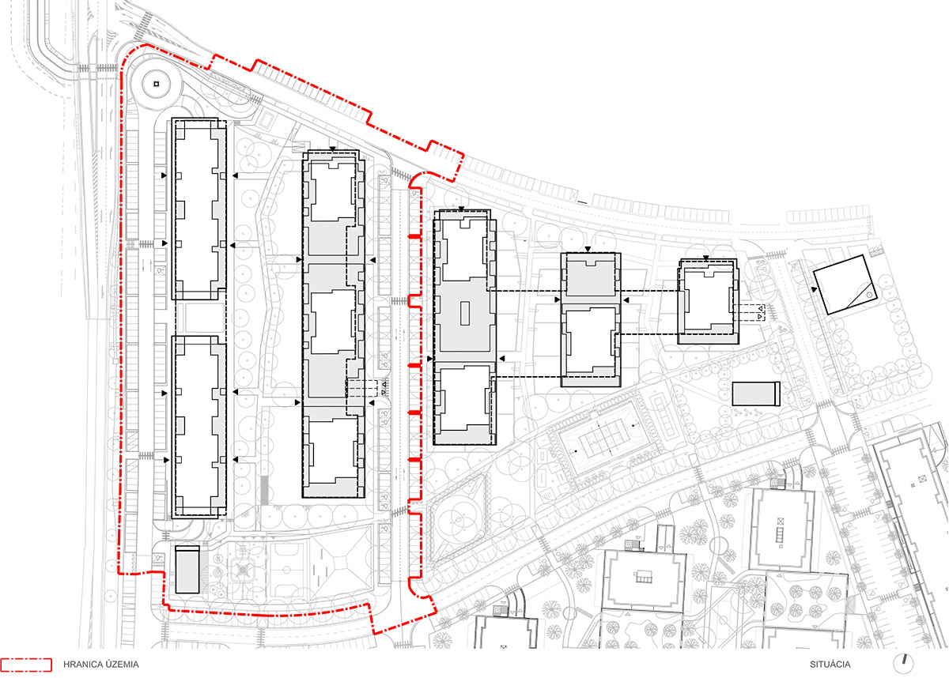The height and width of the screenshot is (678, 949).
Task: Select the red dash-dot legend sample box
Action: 26,665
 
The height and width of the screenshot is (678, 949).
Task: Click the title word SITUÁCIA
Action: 830,665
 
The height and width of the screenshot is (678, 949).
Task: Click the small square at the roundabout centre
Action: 156,84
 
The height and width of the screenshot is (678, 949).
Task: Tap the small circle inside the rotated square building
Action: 869,295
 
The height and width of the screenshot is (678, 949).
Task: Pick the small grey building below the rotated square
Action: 756,394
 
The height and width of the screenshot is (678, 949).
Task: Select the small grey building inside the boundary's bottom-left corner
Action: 187,570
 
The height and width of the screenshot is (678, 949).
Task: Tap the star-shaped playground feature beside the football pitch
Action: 242,571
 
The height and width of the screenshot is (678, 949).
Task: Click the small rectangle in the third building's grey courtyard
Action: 465,313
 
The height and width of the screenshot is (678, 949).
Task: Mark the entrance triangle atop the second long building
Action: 333,149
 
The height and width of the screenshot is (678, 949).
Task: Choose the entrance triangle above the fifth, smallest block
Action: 705,258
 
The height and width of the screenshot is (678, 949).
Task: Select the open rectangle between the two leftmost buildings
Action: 199,318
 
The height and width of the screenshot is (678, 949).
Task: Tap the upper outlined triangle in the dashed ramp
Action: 761,308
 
